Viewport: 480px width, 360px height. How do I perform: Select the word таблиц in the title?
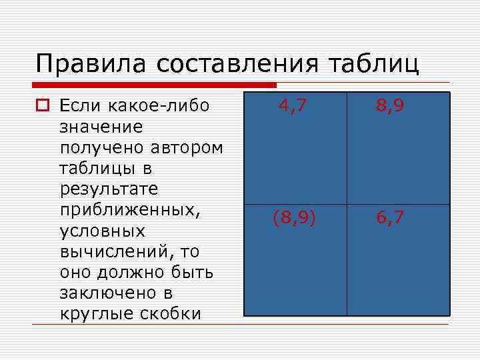374,65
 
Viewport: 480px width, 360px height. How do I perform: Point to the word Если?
81,105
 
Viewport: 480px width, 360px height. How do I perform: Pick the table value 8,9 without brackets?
389,106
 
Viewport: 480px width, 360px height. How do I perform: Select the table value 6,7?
389,218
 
